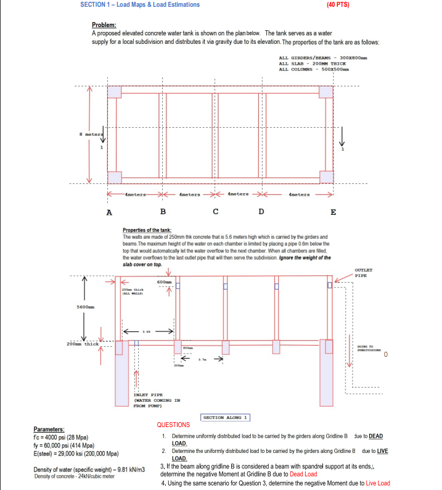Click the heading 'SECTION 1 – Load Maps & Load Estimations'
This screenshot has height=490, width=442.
click(x=140, y=4)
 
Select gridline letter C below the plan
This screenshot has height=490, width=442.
click(x=215, y=212)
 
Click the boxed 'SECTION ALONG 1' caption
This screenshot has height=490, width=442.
click(x=226, y=418)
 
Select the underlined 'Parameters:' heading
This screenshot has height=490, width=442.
click(x=52, y=430)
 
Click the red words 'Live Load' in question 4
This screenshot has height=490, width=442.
click(x=378, y=483)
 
